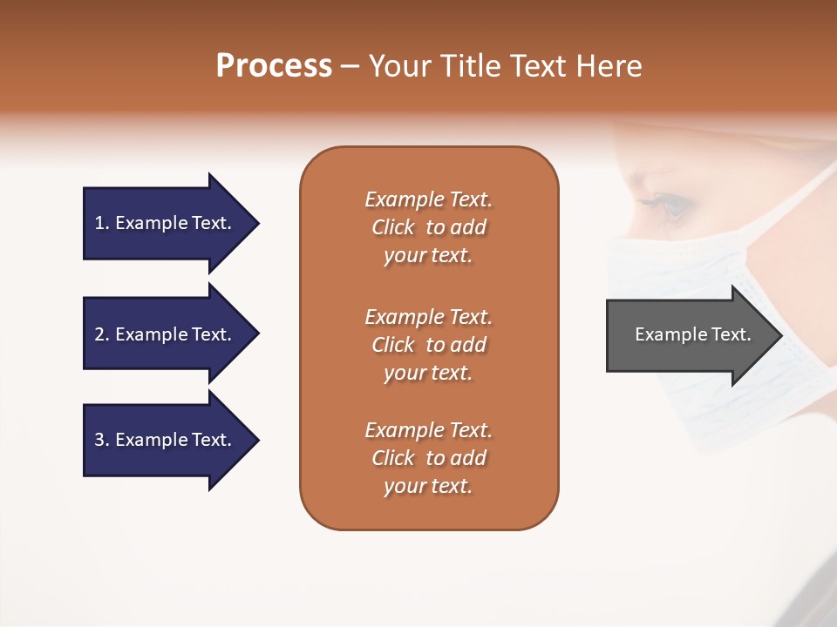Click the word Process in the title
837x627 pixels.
pos(274,66)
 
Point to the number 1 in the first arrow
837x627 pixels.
pos(100,224)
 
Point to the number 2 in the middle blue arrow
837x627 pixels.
pos(100,334)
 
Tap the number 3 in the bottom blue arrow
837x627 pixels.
pos(100,440)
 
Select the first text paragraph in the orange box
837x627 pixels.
pos(428,227)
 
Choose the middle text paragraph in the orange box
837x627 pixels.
pos(428,345)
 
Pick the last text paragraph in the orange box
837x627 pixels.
pos(428,458)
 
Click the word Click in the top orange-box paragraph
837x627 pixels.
pos(393,227)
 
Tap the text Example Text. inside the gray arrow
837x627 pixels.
pos(693,334)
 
